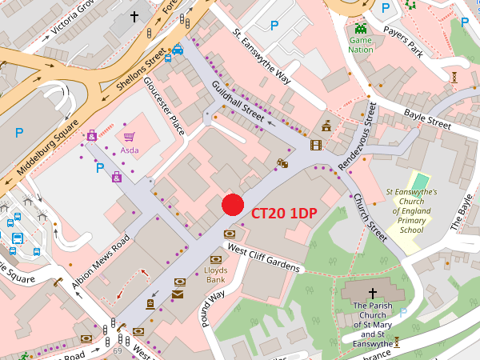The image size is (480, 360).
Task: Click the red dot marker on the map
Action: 232,205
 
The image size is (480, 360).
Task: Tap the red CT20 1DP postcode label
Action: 283,214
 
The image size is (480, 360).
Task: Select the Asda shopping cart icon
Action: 129,137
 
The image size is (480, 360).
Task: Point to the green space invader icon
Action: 360,28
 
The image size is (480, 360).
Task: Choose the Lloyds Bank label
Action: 216,275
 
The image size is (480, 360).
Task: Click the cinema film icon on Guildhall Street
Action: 315,145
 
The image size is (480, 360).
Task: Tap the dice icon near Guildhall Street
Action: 282,163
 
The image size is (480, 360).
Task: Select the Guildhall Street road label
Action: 238,102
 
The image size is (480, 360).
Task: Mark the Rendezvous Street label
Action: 357,134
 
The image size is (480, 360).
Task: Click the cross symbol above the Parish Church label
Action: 373,294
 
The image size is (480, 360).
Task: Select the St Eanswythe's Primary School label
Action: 411,211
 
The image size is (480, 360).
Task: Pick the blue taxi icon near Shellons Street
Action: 178,50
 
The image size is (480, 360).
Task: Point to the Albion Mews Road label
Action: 99,263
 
